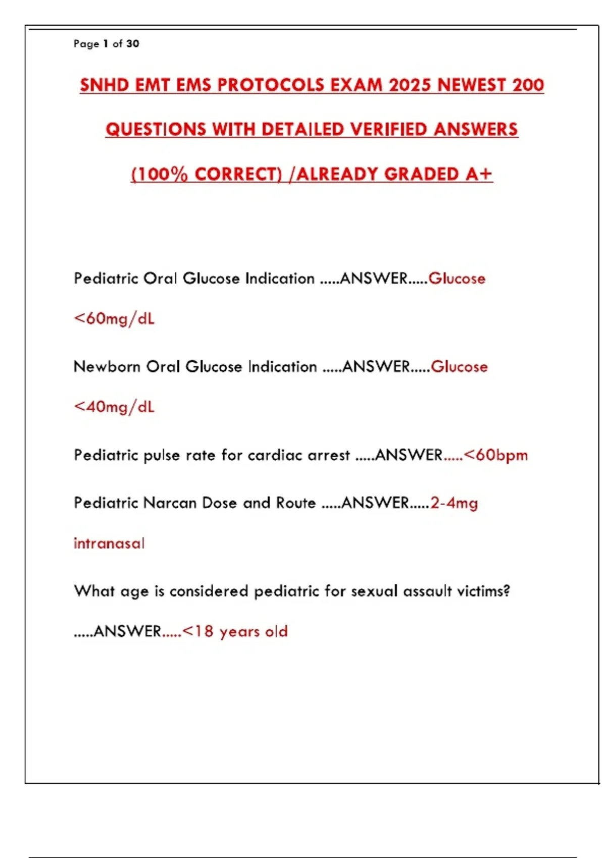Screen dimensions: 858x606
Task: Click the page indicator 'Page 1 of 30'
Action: click(106, 44)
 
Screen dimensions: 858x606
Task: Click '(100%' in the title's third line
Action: click(159, 174)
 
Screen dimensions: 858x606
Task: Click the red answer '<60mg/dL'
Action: click(114, 318)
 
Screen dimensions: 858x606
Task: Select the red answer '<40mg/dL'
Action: click(114, 407)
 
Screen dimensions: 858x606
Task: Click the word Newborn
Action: click(107, 366)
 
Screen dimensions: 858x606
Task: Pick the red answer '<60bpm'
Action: click(495, 455)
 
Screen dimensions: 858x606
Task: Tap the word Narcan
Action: click(170, 503)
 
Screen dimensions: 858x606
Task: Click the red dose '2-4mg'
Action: click(454, 503)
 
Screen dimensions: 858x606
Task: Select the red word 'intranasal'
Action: click(109, 544)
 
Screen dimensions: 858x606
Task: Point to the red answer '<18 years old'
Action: click(235, 631)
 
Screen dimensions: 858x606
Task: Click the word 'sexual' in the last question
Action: click(374, 591)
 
